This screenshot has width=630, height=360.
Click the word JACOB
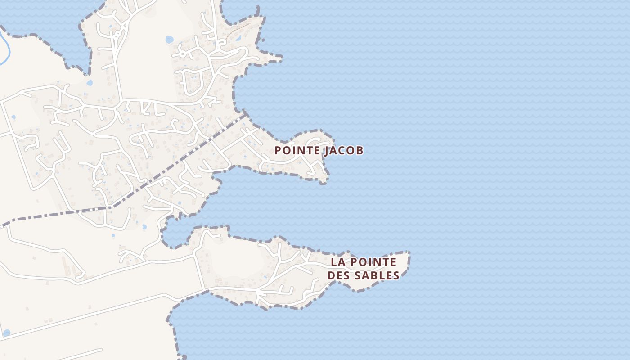click(x=343, y=151)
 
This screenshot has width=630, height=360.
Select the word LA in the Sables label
click(x=337, y=262)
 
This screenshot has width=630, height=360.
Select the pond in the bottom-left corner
click(x=6, y=333)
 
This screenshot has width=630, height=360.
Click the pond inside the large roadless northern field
click(x=169, y=40)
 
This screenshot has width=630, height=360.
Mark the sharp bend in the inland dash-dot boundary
click(x=109, y=207)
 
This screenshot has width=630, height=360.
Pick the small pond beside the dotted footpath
click(x=238, y=38)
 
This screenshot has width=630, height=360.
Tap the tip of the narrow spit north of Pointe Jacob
click(x=281, y=58)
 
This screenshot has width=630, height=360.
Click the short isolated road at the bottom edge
click(x=81, y=354)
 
